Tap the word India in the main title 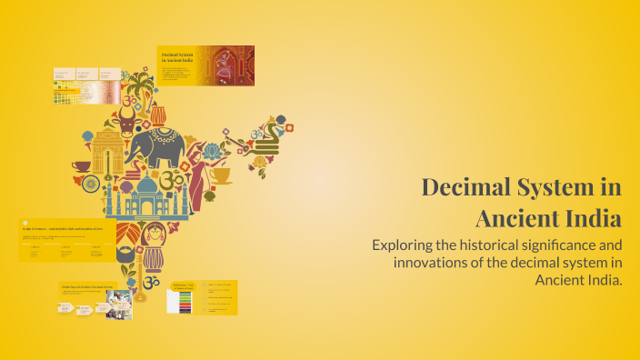(x=590, y=219)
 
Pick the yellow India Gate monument (x=105, y=150)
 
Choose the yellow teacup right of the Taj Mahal (x=220, y=175)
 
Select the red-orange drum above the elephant (x=157, y=115)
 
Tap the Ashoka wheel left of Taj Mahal (x=90, y=184)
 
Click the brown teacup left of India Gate (x=81, y=166)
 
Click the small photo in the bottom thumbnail (x=124, y=306)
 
